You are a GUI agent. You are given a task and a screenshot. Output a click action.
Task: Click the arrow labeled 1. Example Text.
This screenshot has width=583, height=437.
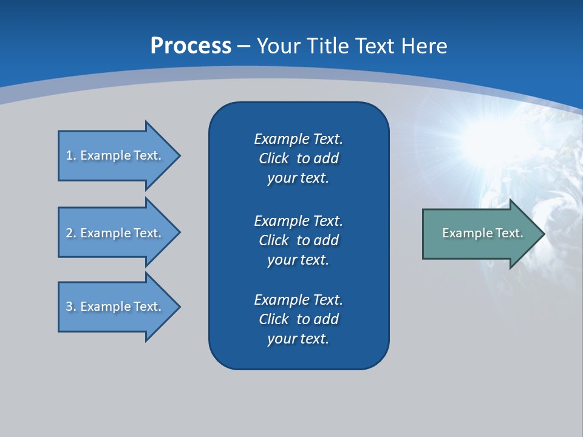coord(120,156)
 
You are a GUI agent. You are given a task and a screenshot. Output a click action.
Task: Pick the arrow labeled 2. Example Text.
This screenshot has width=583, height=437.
coord(120,232)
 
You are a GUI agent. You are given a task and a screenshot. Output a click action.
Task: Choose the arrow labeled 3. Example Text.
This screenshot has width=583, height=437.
coord(120,307)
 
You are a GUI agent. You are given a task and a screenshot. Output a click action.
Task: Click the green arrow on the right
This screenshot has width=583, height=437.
coord(484,234)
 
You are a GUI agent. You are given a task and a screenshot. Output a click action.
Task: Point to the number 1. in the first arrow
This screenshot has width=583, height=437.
coord(71,155)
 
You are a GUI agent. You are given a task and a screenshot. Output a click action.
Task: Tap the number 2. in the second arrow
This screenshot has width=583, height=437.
coord(71,233)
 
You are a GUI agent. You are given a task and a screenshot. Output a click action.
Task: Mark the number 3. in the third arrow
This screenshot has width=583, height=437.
coord(71,307)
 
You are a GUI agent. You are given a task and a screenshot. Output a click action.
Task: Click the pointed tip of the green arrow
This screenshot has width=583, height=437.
coord(545,234)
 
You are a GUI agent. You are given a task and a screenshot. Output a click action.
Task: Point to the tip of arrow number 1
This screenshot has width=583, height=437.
coord(180,156)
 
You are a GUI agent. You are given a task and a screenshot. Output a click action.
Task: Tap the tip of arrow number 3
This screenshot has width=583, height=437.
coord(180,307)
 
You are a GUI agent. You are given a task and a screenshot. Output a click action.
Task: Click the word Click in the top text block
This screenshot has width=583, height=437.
coord(274,158)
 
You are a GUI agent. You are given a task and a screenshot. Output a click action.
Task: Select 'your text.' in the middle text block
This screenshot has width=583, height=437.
coord(298,260)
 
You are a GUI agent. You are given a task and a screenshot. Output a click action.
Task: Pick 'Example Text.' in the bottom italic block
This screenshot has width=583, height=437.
coord(299,300)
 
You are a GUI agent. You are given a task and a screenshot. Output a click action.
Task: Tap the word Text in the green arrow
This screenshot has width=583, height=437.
coord(510,233)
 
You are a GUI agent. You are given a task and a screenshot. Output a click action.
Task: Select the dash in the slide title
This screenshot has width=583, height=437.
coord(244,47)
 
